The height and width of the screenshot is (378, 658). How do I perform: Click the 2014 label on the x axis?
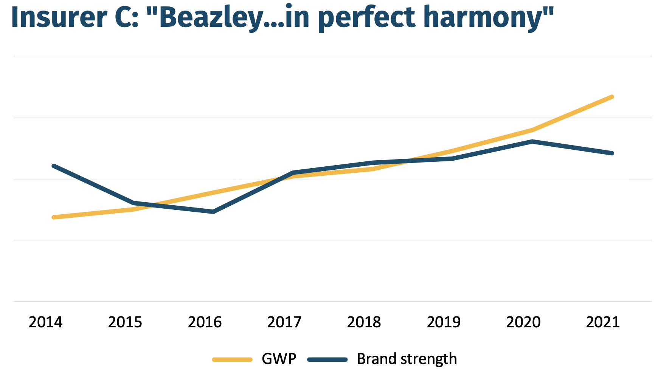46,322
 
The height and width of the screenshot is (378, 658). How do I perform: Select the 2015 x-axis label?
125,322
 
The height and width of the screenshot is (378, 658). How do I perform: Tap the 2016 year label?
205,322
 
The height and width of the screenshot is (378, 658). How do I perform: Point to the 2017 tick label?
284,322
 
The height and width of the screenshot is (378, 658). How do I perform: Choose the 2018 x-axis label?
364,322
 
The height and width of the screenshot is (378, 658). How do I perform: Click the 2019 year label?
444,322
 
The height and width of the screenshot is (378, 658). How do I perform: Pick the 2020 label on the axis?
523,322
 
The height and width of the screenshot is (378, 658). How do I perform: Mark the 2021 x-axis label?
603,322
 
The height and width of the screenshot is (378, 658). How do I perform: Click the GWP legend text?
279,359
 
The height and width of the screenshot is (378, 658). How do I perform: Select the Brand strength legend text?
407,359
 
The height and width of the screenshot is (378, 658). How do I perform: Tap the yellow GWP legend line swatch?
232,360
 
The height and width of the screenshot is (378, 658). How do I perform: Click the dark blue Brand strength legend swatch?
327,360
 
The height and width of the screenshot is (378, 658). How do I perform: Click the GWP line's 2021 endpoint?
612,97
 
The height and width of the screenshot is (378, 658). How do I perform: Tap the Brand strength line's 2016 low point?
214,212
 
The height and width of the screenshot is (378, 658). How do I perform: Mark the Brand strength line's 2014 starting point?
54,166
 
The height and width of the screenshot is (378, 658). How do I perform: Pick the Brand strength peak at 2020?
532,141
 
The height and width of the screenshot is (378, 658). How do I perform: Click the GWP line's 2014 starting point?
54,217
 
